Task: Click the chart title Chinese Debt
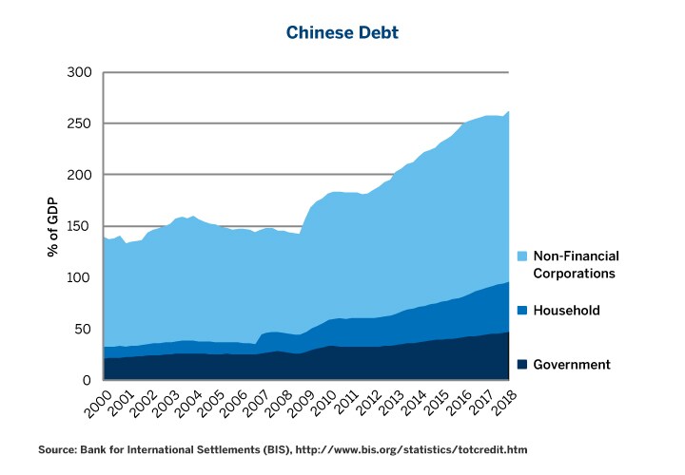pos(342,33)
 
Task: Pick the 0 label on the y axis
pos(87,381)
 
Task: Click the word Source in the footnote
pos(57,448)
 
